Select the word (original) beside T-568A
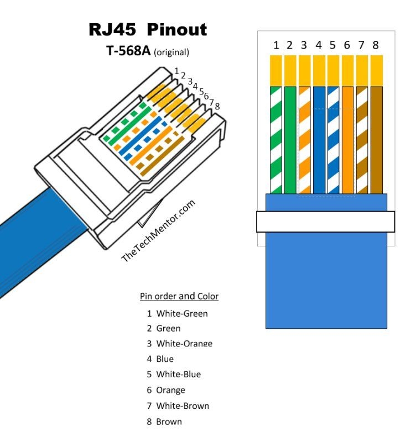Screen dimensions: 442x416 (x=171, y=52)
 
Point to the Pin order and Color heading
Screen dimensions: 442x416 (x=179, y=296)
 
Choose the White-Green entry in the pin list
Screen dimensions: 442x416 (x=182, y=313)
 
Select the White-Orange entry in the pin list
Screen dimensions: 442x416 (x=184, y=344)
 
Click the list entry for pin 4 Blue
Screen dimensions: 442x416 (x=165, y=359)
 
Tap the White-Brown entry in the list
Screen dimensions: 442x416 (x=183, y=406)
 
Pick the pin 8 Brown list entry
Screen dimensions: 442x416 (x=169, y=422)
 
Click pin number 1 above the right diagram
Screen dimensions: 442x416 (x=275, y=45)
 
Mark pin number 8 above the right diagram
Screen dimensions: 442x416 (x=376, y=45)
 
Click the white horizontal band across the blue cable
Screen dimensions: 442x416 (x=325, y=222)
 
